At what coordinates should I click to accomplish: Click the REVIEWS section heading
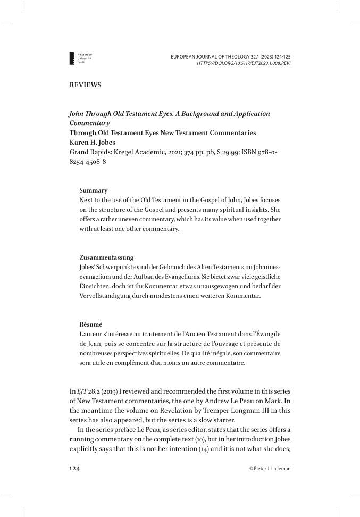pyautogui.click(x=85, y=85)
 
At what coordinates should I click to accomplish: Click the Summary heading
pyautogui.click(x=94, y=190)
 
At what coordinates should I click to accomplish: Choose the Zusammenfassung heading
pyautogui.click(x=106, y=257)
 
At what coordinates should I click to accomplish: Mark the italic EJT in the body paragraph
pyautogui.click(x=83, y=391)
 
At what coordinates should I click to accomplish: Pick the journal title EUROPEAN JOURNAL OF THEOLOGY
pyautogui.click(x=214, y=56)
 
